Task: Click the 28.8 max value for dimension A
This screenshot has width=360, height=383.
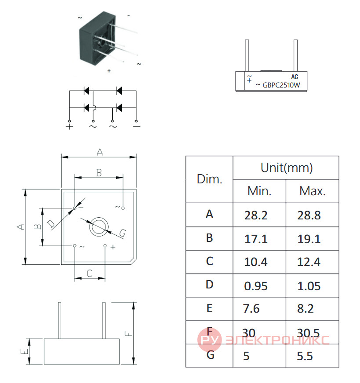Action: tap(309, 215)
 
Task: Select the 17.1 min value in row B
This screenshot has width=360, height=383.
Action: tap(256, 239)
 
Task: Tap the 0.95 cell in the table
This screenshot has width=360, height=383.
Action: tap(256, 286)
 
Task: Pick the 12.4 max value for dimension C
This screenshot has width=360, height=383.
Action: tap(309, 262)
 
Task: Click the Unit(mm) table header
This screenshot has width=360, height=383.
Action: tap(287, 168)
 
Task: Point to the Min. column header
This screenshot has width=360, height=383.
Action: tap(259, 191)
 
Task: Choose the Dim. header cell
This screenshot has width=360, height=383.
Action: tap(210, 179)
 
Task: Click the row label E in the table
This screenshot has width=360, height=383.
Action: tap(210, 308)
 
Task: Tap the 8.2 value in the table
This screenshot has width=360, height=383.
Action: tap(305, 309)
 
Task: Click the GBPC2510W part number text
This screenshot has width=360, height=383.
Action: tap(281, 85)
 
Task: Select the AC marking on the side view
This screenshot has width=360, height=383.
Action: tap(295, 77)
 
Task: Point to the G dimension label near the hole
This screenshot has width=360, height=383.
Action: tap(123, 233)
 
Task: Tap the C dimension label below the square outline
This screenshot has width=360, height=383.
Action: tap(90, 274)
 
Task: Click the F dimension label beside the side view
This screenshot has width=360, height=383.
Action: tap(128, 333)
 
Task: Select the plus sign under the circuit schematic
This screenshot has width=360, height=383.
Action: tap(69, 127)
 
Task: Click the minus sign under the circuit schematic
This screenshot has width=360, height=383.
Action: tap(137, 126)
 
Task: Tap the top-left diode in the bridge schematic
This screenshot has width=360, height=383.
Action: tap(87, 91)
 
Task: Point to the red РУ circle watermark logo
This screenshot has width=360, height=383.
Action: tap(210, 339)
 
